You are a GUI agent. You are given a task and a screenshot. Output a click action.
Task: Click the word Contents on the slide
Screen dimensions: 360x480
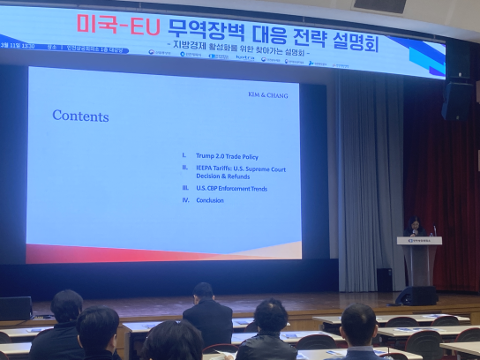click(80, 116)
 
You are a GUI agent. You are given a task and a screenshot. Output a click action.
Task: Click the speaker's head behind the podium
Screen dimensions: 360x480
click(415, 221)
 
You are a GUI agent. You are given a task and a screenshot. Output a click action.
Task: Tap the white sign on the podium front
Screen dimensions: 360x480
click(419, 240)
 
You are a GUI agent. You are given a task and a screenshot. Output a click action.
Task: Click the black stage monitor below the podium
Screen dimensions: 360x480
click(416, 296)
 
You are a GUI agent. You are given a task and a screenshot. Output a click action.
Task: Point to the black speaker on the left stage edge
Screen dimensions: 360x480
click(15, 308)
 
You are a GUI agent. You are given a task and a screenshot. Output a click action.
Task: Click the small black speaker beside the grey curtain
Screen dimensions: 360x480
click(384, 278)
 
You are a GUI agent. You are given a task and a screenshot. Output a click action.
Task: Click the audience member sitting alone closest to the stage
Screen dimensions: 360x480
click(206, 313)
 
